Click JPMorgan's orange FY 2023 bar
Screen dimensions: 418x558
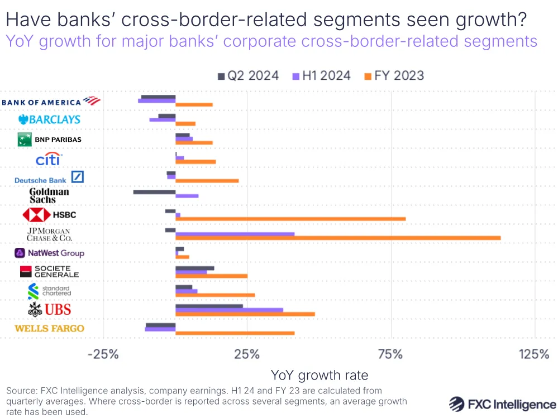[x=338, y=238]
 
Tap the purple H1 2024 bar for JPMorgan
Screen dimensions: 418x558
[x=235, y=234]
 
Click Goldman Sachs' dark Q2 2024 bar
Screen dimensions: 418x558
[x=154, y=191]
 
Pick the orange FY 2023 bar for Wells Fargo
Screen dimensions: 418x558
[x=235, y=333]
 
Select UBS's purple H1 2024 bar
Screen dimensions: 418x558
[x=229, y=310]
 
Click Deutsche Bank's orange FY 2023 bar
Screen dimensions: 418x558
[x=207, y=181]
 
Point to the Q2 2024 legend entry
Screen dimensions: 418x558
[x=247, y=76]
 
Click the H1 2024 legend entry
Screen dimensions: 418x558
[x=321, y=76]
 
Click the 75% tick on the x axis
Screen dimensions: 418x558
[x=390, y=354]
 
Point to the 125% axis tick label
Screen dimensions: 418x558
[x=535, y=354]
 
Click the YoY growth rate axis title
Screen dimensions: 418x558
[x=319, y=374]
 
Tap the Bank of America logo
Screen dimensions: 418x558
[x=51, y=101]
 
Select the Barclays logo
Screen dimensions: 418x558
[x=49, y=119]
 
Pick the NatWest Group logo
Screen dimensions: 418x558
[x=49, y=253]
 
